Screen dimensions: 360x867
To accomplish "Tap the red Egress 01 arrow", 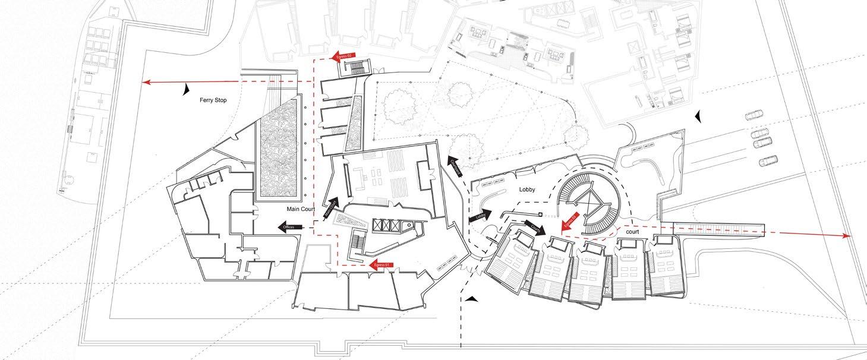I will pyautogui.click(x=380, y=265).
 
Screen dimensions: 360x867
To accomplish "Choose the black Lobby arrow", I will pyautogui.click(x=481, y=216).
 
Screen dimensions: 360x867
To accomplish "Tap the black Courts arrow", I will pyautogui.click(x=534, y=228).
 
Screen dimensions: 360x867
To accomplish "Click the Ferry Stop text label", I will pyautogui.click(x=213, y=100).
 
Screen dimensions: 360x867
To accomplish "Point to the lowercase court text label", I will pyautogui.click(x=632, y=232).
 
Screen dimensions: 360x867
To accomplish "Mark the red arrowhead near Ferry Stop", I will pyautogui.click(x=146, y=83).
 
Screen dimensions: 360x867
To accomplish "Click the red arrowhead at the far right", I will pyautogui.click(x=846, y=236).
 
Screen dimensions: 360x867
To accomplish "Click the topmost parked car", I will pyautogui.click(x=753, y=115).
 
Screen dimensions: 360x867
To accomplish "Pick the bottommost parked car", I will pyautogui.click(x=768, y=160).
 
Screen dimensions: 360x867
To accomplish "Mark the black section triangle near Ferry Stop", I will pyautogui.click(x=187, y=89).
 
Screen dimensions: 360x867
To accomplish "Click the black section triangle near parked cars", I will pyautogui.click(x=699, y=116).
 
